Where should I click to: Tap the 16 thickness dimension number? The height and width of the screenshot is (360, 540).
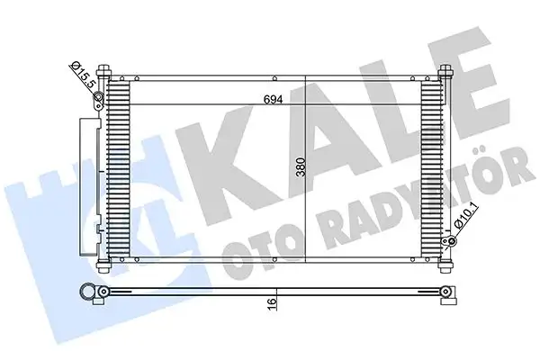pyautogui.click(x=272, y=307)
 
